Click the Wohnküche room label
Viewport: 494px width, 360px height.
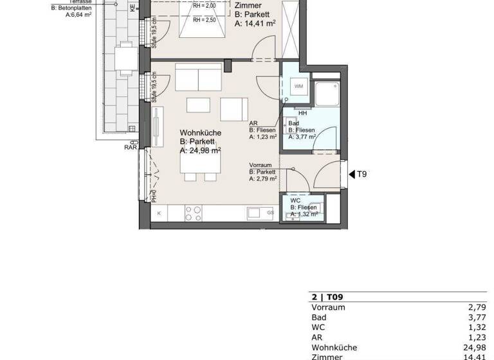[201, 132]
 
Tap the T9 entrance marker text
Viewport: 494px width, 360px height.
[362, 174]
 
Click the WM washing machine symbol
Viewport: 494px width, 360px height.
[298, 87]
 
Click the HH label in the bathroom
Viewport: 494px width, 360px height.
[302, 114]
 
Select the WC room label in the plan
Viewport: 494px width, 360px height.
[295, 201]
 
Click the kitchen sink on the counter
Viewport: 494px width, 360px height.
[253, 212]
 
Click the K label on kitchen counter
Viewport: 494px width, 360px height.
[158, 213]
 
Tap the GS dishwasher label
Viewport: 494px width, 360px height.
[271, 213]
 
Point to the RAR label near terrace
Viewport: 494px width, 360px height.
[131, 147]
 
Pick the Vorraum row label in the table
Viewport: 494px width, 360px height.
[328, 307]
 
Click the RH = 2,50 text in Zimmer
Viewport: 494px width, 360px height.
[205, 20]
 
